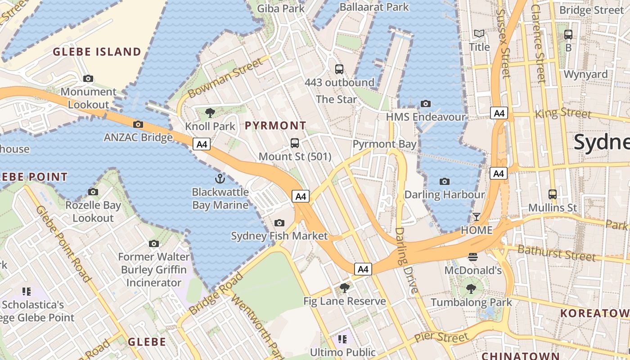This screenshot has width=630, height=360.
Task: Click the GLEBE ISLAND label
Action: (97, 52)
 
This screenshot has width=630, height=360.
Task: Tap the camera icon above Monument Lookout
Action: (88, 79)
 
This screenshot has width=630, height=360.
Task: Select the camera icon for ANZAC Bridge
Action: (138, 124)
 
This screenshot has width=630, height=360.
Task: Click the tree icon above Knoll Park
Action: (210, 112)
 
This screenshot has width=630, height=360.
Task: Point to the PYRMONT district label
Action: (275, 126)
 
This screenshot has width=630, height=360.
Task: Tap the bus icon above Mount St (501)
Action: (295, 143)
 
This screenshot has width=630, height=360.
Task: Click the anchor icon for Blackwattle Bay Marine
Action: (220, 179)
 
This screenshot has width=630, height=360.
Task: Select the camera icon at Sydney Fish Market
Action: (279, 223)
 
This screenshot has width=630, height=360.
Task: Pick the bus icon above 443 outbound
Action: (339, 69)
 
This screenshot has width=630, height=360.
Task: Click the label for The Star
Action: (337, 99)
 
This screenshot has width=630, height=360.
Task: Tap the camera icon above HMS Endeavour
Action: (425, 104)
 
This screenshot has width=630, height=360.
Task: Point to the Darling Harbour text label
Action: (445, 195)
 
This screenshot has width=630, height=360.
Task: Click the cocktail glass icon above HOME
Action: (477, 217)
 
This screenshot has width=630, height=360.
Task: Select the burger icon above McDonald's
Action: (472, 257)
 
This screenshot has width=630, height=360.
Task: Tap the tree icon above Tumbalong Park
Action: (471, 288)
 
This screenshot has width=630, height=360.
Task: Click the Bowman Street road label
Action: (225, 78)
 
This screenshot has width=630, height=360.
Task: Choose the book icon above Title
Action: (479, 34)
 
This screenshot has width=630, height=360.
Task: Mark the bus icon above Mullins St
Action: (553, 194)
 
